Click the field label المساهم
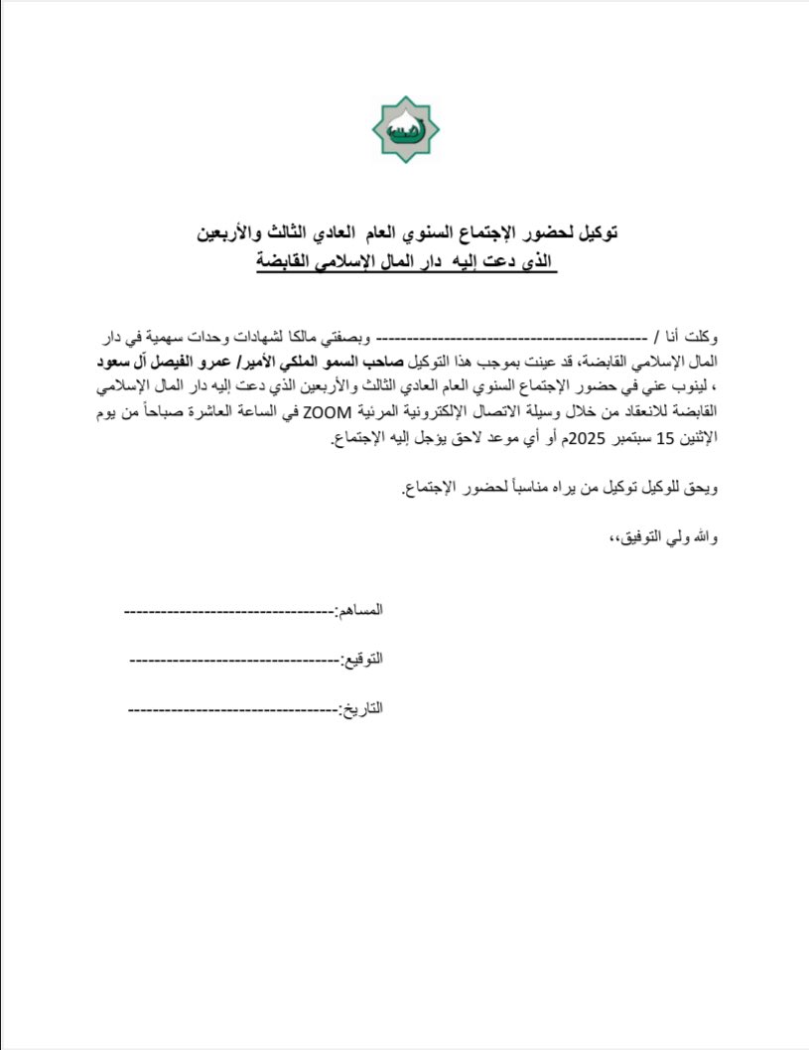(359, 610)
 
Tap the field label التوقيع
(362, 660)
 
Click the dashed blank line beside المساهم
(228, 610)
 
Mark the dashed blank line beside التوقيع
(233, 660)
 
